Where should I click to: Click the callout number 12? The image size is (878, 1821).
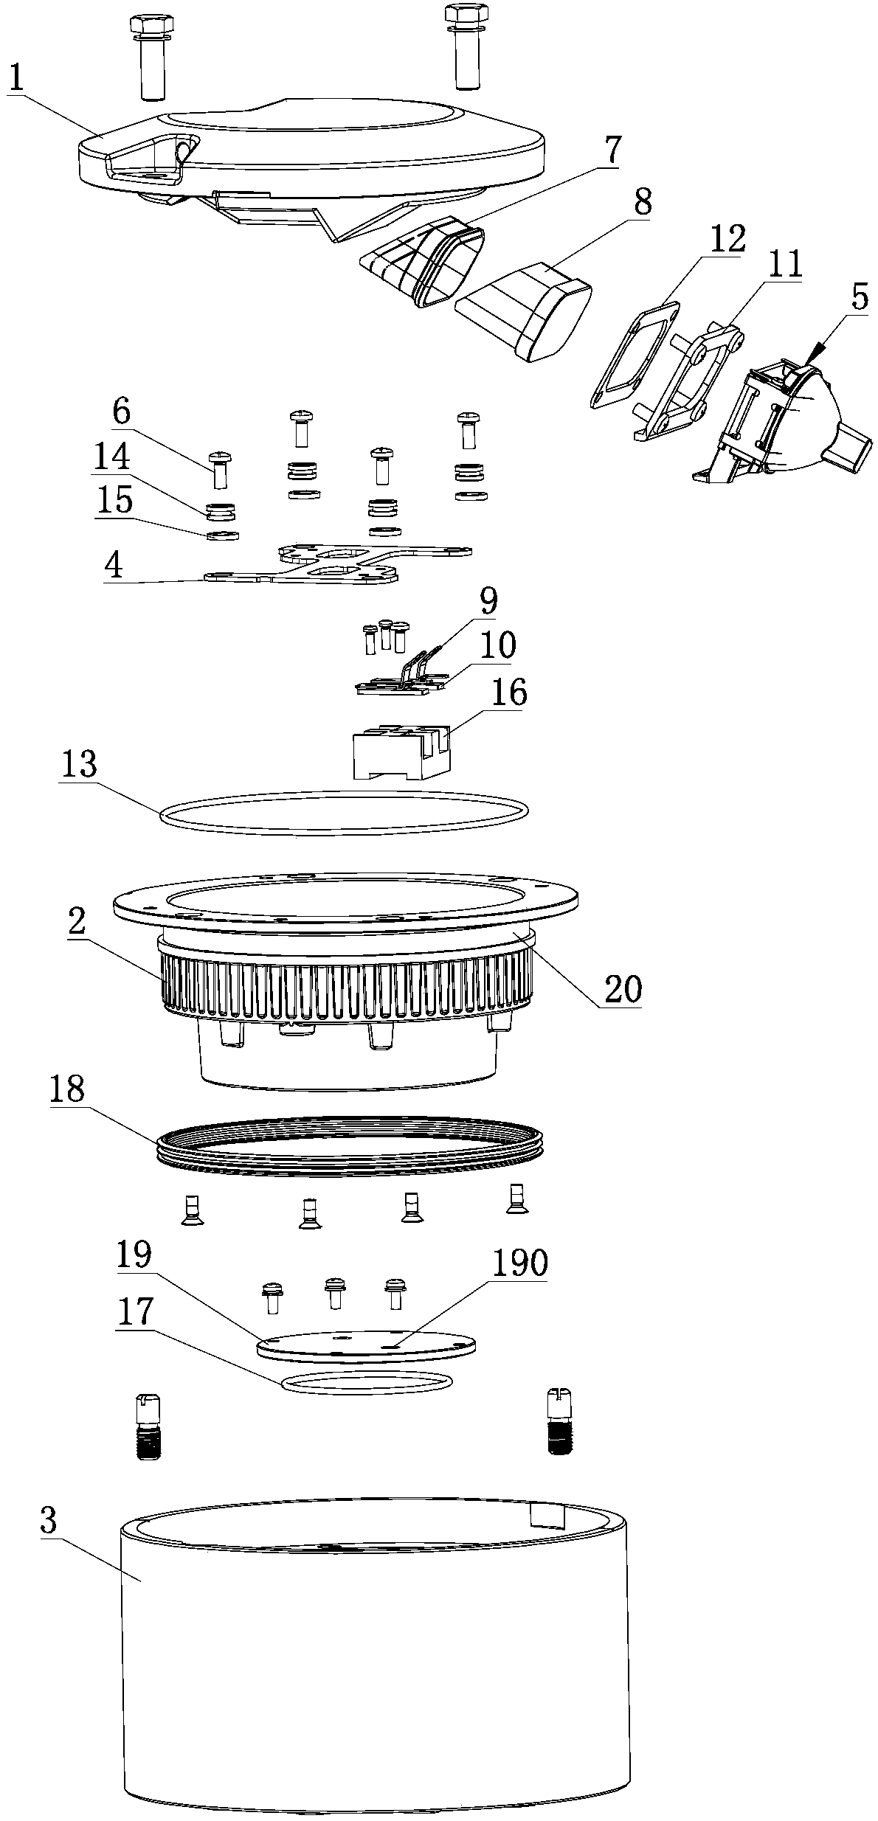[727, 240]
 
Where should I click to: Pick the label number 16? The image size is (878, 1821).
[508, 694]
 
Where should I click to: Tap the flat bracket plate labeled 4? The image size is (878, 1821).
[338, 564]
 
